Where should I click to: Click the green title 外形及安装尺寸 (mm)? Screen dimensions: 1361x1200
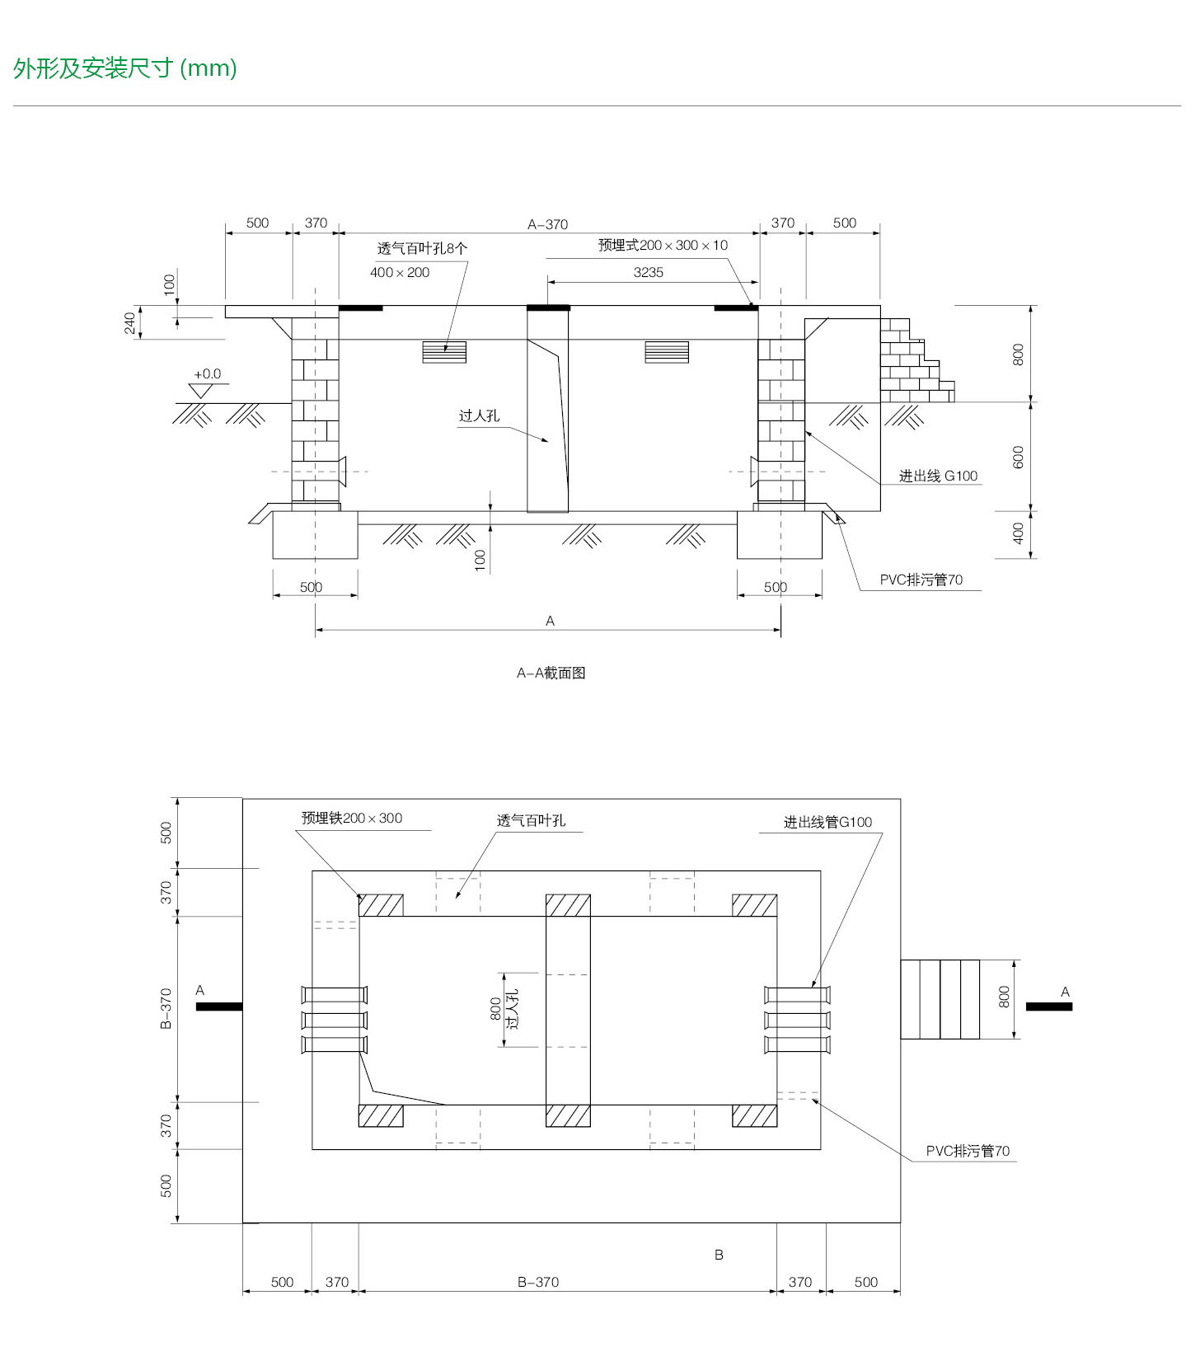pyautogui.click(x=125, y=68)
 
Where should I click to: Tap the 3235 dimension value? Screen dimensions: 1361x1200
pyautogui.click(x=648, y=272)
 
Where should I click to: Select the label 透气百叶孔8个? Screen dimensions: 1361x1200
pyautogui.click(x=422, y=248)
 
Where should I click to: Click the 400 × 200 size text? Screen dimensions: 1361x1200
pyautogui.click(x=400, y=272)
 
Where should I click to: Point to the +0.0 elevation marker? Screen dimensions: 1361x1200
pyautogui.click(x=207, y=374)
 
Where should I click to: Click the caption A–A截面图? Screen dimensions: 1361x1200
pyautogui.click(x=551, y=673)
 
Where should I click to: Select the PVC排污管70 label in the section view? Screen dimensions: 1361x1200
pyautogui.click(x=921, y=580)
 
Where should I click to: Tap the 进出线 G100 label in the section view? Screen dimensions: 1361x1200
pyautogui.click(x=938, y=476)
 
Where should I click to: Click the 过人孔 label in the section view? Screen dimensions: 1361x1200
pyautogui.click(x=479, y=415)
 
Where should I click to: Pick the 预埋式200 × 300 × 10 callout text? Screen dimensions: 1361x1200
pyautogui.click(x=663, y=245)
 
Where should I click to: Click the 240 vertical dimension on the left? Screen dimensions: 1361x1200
pyautogui.click(x=129, y=322)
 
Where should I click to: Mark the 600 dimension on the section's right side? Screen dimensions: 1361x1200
pyautogui.click(x=1018, y=457)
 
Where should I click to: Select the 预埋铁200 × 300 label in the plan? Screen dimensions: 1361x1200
pyautogui.click(x=352, y=818)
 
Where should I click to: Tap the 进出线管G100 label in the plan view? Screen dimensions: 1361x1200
pyautogui.click(x=827, y=822)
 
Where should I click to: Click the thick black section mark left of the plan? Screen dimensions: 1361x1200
pyautogui.click(x=219, y=1007)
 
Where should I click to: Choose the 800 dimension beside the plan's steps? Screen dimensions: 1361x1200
pyautogui.click(x=1004, y=997)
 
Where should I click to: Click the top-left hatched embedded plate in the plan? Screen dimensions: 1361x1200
pyautogui.click(x=381, y=905)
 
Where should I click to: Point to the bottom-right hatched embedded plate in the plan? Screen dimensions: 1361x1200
pyautogui.click(x=754, y=1115)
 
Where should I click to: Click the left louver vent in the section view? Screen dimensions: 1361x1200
pyautogui.click(x=444, y=352)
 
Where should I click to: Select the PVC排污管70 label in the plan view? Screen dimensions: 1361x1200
pyautogui.click(x=968, y=1151)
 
